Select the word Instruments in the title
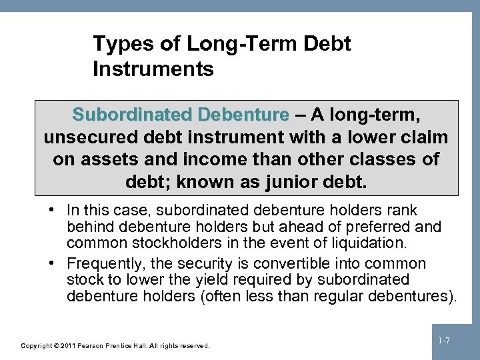coord(153,69)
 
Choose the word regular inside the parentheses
coord(347,295)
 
